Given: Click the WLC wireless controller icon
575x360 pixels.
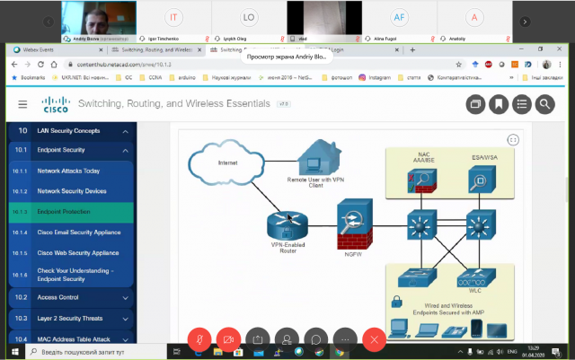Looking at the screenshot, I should click(475, 277).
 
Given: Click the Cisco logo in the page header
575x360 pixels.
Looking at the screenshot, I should click(56, 104).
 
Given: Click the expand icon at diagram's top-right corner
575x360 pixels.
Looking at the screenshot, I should click(513, 139).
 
